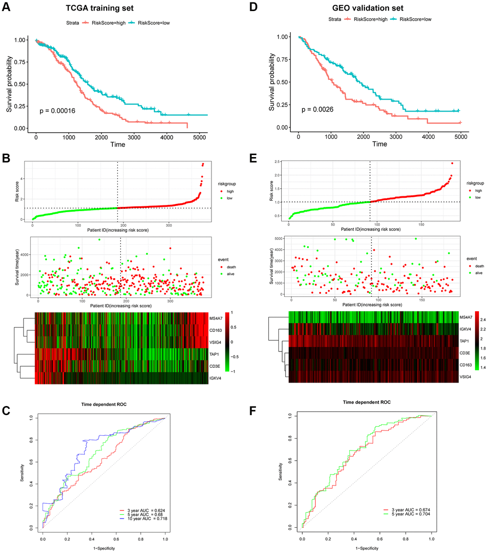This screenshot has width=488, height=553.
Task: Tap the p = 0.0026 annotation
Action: tap(318, 110)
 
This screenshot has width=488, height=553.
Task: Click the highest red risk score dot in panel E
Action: tap(452, 163)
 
